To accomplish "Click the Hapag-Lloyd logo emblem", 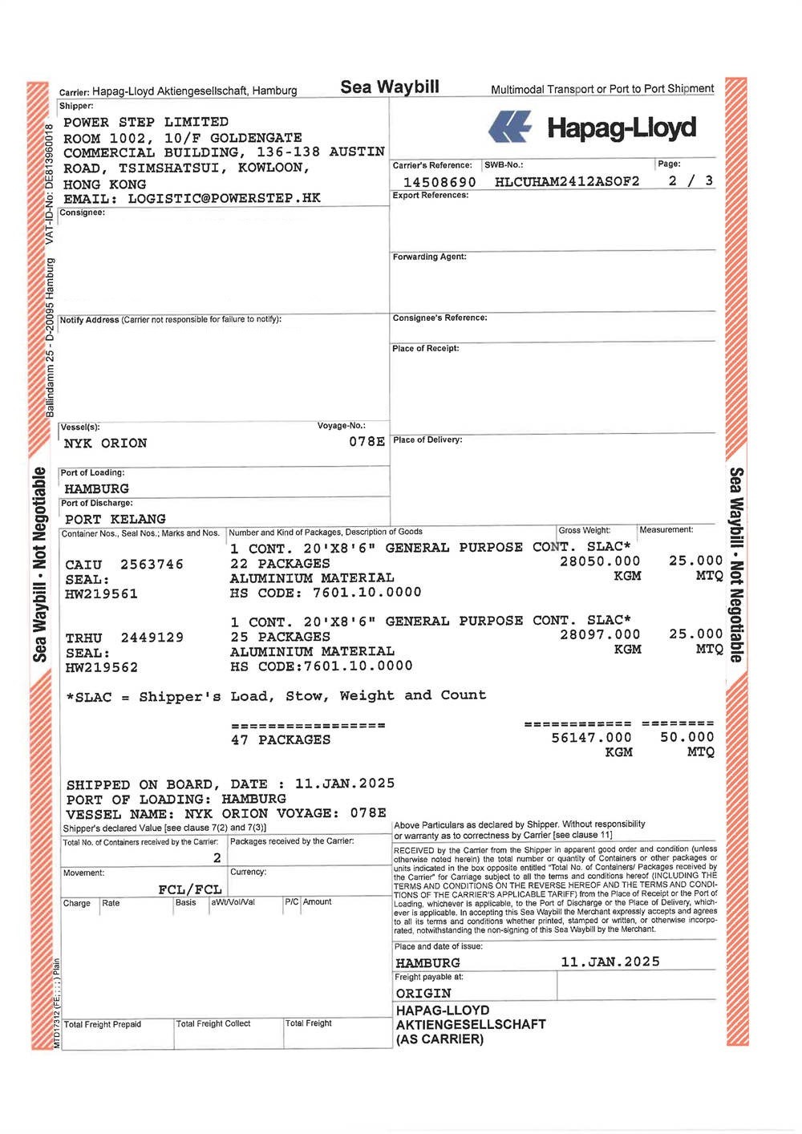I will [510, 128].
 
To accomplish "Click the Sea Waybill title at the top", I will [390, 87].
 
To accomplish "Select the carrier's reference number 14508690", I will [439, 182].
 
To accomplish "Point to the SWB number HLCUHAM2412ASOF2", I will [567, 181].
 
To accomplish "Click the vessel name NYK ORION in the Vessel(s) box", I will [105, 443].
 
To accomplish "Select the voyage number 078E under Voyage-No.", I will [367, 442].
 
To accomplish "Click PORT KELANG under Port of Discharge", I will [115, 519].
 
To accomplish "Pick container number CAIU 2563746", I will [124, 565].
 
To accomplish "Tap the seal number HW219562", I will [101, 667].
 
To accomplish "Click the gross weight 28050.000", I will [600, 561].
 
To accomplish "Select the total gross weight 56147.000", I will [591, 737].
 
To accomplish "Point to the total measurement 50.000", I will [687, 737].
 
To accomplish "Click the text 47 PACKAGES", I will [281, 739].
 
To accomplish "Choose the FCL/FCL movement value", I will [190, 889].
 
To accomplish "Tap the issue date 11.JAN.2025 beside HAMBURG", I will [610, 962].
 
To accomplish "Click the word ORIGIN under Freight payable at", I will [423, 993].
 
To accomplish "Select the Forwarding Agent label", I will [429, 257].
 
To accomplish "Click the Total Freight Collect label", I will [213, 1024].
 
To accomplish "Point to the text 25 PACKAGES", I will [281, 637].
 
